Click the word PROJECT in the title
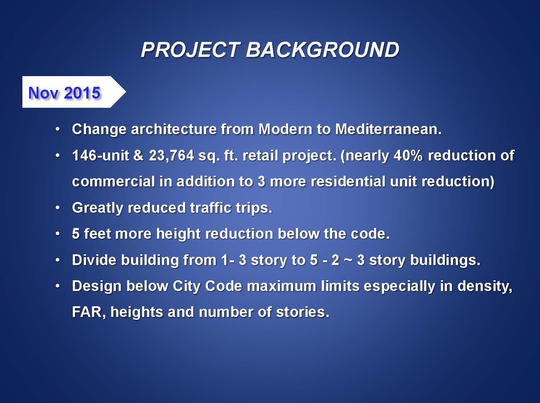tap(190, 50)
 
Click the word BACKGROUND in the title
tap(323, 50)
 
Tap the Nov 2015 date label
tap(64, 93)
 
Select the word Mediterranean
tap(388, 129)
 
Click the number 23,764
tap(171, 156)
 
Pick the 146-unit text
tap(101, 156)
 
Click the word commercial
tap(113, 181)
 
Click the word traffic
tap(211, 208)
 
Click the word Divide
tap(94, 260)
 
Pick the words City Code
tap(207, 286)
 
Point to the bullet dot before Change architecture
tap(58, 129)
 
